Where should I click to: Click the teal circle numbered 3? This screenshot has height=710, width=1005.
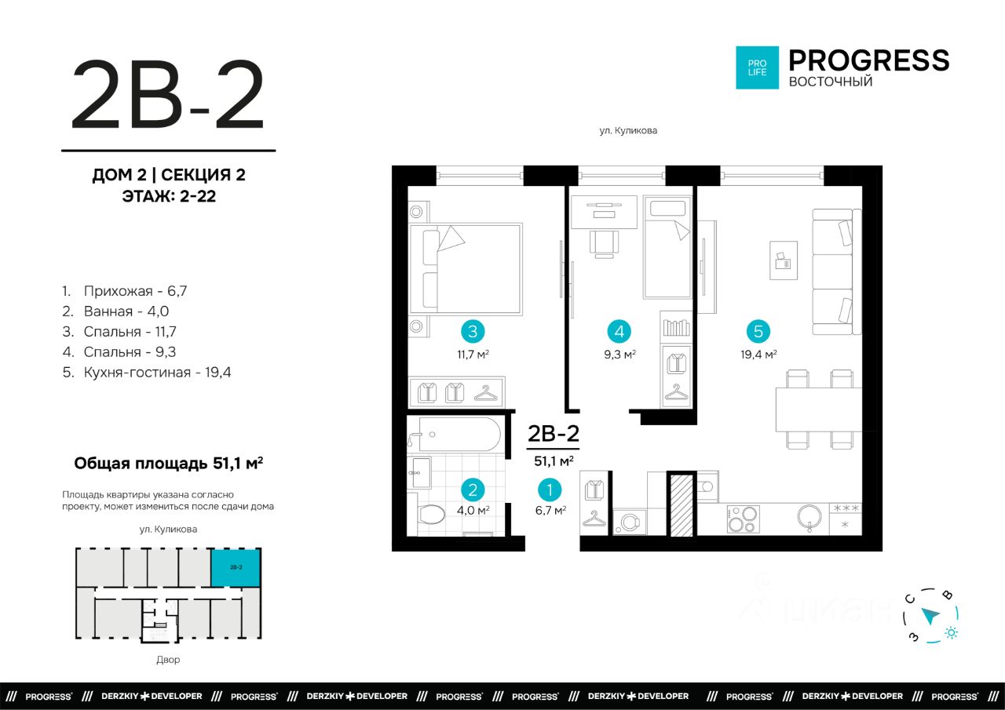[473, 332]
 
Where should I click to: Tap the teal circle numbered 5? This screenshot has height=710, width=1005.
[758, 332]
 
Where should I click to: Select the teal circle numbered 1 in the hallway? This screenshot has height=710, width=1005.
[550, 490]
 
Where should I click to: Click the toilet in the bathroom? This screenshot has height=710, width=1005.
[429, 515]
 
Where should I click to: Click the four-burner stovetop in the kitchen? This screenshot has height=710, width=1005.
[743, 519]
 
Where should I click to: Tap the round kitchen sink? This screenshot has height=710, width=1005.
[809, 517]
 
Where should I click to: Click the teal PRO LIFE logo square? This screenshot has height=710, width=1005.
[757, 67]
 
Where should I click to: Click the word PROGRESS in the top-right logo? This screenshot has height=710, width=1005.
[868, 60]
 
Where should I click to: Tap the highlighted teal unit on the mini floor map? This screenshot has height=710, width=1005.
[236, 567]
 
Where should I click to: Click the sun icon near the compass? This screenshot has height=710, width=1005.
[951, 632]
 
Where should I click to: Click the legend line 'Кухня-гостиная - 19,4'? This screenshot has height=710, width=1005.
[147, 373]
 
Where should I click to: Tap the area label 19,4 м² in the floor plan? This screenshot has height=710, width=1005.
[758, 355]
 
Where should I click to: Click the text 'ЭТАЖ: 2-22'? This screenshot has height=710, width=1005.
[169, 196]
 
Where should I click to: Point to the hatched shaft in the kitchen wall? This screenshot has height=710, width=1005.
[682, 504]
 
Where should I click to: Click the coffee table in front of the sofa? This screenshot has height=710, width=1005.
[784, 260]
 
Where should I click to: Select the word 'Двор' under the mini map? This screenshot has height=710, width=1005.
[168, 660]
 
